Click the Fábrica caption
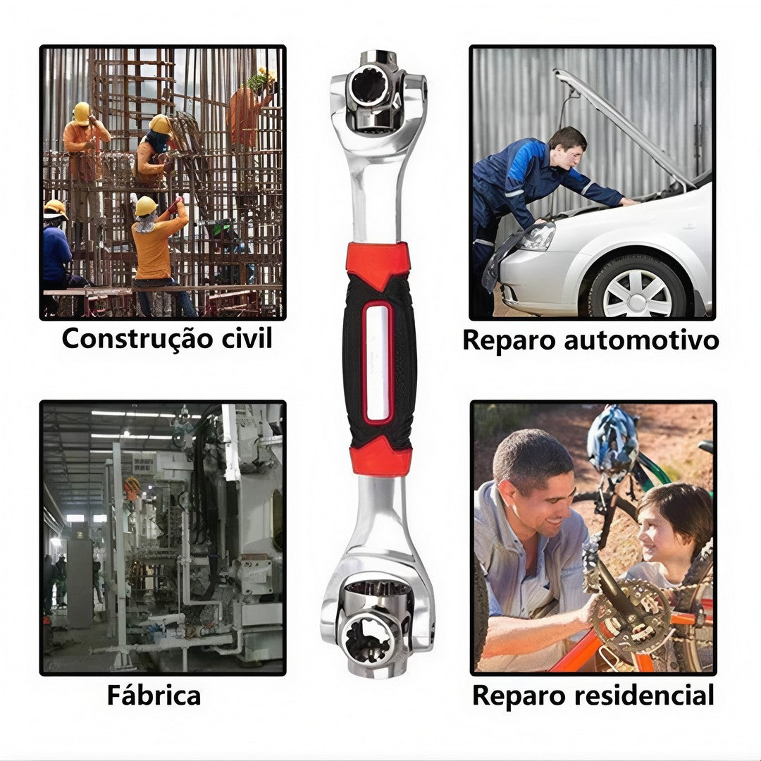coord(154,695)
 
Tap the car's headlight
coord(537,236)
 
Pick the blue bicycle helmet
coord(612,438)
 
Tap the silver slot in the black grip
coord(378,362)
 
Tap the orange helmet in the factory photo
coord(132,485)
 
